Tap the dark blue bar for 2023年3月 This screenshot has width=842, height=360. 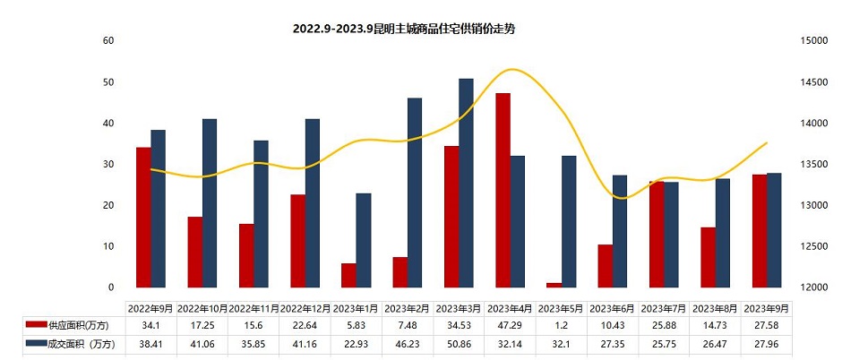point(466,183)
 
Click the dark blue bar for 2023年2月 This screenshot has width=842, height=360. point(415,193)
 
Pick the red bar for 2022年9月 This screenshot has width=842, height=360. point(143,217)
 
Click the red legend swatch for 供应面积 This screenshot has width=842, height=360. point(37,323)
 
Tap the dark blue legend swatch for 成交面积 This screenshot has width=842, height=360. point(37,342)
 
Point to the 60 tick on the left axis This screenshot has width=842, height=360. point(108,41)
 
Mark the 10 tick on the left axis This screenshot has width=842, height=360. point(108,246)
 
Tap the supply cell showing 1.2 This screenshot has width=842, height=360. point(562,323)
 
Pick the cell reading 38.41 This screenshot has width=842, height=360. point(151,342)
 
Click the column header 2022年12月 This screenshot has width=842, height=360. point(305,306)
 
